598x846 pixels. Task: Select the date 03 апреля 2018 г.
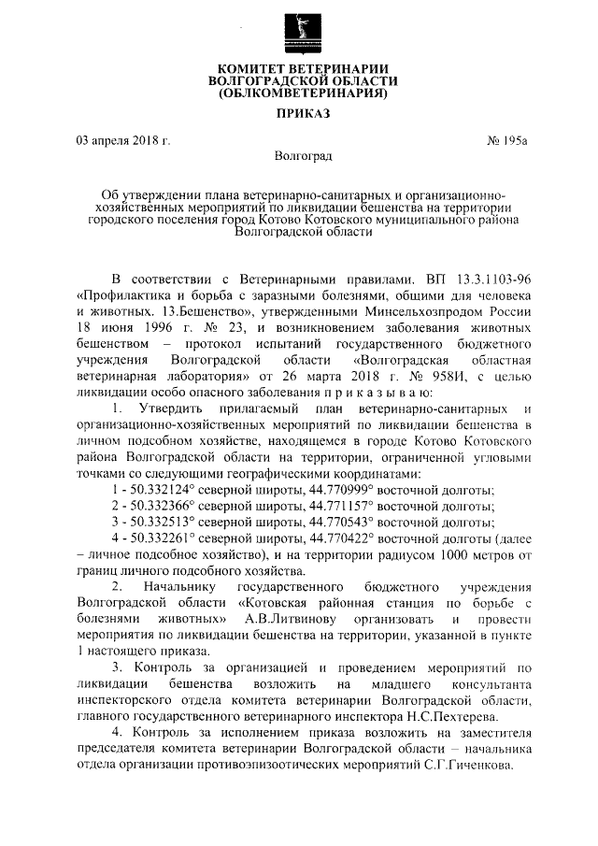(x=124, y=141)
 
